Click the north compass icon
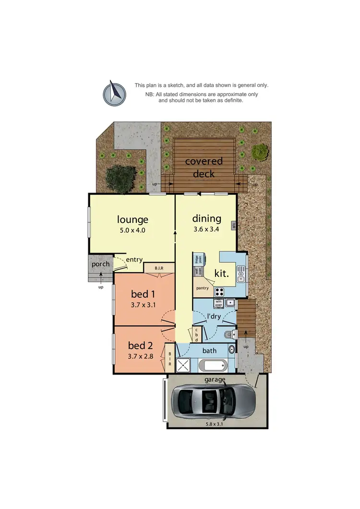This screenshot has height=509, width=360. (114, 93)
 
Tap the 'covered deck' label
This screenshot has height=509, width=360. (204, 167)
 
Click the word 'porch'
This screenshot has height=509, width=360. (100, 264)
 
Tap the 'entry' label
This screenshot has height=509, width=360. (134, 260)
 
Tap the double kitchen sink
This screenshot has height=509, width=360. (241, 274)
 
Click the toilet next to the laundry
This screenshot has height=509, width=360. (232, 334)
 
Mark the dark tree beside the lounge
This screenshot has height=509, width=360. (117, 177)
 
